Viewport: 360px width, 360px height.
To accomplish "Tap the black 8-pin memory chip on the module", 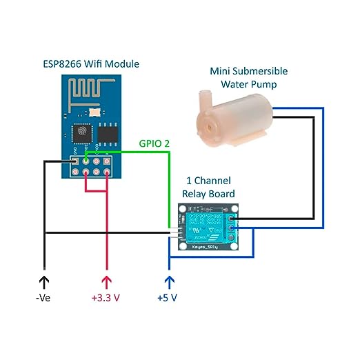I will tap(108, 131).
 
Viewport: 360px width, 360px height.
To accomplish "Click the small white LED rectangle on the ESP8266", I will tap(94, 110).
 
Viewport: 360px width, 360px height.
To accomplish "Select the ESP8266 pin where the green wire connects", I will tap(86, 161).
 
